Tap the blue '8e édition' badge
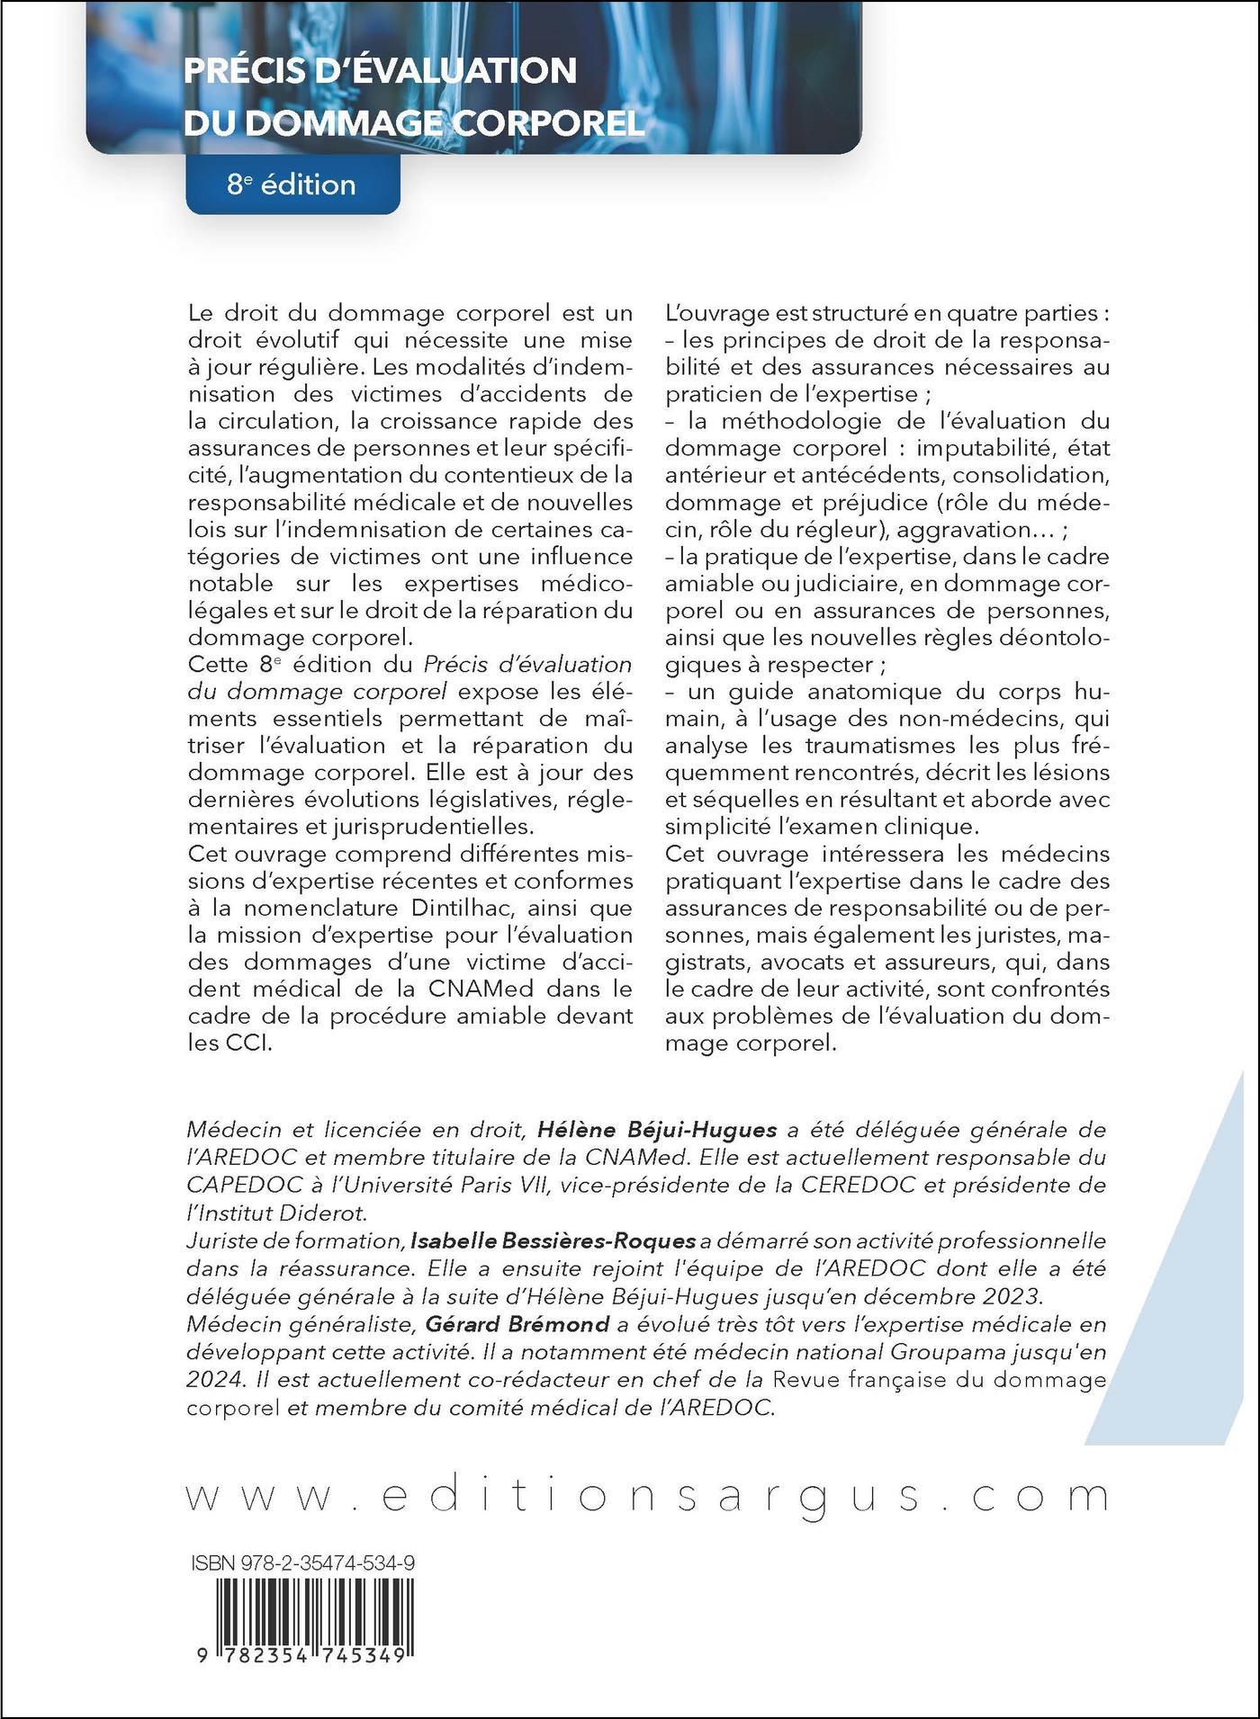coord(292,184)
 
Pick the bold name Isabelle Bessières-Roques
coord(553,1240)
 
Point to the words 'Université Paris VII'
coord(451,1185)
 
